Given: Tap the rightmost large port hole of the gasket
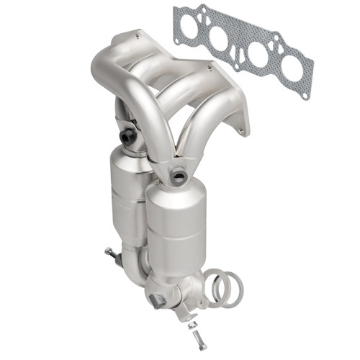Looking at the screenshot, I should [292, 68].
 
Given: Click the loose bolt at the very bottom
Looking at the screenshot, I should [194, 341].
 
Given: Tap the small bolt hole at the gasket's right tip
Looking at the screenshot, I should [305, 94].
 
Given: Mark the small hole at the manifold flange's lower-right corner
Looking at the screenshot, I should [243, 130].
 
